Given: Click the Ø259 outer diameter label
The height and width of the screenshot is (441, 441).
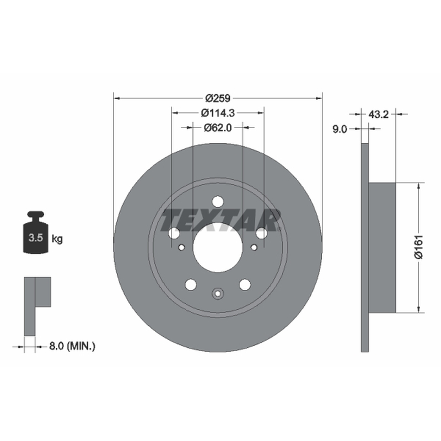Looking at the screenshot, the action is [218, 98].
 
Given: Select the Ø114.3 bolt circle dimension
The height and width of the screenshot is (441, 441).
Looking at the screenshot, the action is [218, 113].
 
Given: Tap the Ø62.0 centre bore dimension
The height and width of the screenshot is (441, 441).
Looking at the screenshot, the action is [218, 128].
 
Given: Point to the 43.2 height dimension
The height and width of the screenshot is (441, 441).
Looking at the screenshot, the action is [378, 114].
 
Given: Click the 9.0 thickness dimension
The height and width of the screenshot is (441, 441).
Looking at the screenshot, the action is [340, 129].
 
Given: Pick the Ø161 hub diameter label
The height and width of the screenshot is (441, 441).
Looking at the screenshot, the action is [419, 247].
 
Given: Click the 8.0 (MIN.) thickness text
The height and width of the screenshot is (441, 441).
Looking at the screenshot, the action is [72, 346].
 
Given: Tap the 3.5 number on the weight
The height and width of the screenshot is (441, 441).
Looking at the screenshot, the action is [36, 238].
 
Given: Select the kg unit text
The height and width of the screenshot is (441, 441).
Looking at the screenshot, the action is [57, 239].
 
